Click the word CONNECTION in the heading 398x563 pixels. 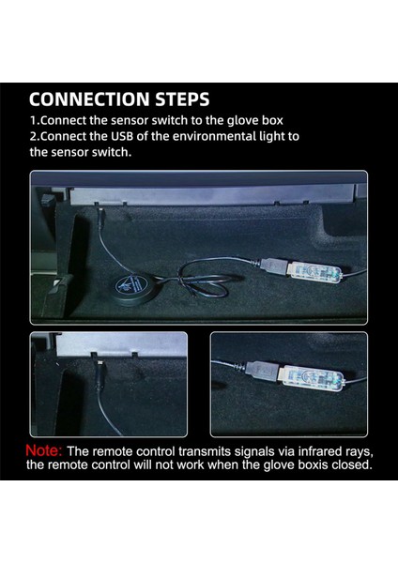pos(89,99)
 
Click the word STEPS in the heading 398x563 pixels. pos(182,99)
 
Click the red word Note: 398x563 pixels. pos(44,450)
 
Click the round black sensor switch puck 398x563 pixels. pos(132,286)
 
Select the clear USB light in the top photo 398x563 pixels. pos(314,272)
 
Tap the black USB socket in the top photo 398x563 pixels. pos(272,266)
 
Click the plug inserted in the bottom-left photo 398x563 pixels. pos(99,373)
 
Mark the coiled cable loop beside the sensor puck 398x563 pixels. pos(202,280)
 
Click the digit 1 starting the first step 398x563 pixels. pos(33,120)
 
